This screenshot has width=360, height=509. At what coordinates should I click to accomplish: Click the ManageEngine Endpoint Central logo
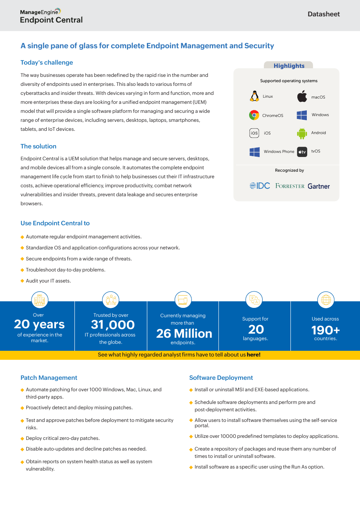tap(51, 16)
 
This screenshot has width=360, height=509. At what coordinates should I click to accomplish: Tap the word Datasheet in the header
tap(324, 14)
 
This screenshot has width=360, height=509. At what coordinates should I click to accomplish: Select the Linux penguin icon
tap(254, 96)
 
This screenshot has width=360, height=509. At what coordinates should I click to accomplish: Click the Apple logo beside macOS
tap(302, 97)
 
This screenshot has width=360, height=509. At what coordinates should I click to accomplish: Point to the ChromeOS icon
tap(254, 115)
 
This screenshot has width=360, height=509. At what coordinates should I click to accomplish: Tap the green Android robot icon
tap(302, 133)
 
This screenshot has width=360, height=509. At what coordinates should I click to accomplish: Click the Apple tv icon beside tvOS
tap(302, 152)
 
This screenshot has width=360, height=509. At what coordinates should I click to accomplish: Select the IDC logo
tap(260, 186)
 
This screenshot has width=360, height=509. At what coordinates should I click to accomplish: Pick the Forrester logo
tap(290, 186)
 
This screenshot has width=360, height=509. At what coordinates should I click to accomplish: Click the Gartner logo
tap(319, 186)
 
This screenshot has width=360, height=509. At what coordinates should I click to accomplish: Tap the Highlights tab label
tap(289, 66)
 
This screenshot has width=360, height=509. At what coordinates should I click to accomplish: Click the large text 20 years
tap(39, 324)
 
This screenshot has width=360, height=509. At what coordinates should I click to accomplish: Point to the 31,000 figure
tap(112, 325)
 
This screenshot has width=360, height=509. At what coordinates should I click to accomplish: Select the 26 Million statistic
tap(184, 334)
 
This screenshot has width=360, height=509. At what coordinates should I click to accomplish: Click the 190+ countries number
tap(326, 330)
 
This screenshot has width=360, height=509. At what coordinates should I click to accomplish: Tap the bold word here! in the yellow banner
tap(253, 355)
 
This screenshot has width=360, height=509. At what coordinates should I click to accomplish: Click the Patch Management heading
tap(49, 378)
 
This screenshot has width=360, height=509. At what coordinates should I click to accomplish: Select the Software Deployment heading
tap(221, 378)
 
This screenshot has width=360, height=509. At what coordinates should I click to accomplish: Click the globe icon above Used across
tap(326, 300)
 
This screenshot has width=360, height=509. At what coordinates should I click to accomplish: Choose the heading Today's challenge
tap(47, 63)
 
